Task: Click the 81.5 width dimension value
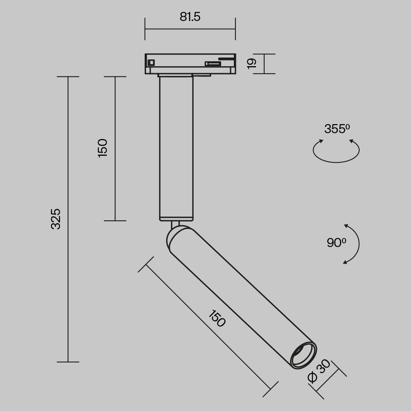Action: click(x=190, y=17)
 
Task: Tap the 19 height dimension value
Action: click(x=252, y=63)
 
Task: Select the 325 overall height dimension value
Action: click(x=56, y=219)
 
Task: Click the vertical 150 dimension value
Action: click(x=102, y=148)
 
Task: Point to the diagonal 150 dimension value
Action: click(x=217, y=319)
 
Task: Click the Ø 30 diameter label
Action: click(x=319, y=371)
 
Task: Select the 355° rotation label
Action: click(x=337, y=129)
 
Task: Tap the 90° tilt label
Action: click(x=336, y=243)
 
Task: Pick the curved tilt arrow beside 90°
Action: click(x=357, y=244)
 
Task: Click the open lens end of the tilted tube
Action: click(x=303, y=355)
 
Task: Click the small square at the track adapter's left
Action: click(x=151, y=62)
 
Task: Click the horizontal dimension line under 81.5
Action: click(x=190, y=29)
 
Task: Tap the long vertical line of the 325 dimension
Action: click(x=68, y=288)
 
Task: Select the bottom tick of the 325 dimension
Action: click(x=68, y=362)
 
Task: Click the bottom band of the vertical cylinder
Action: click(x=176, y=218)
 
